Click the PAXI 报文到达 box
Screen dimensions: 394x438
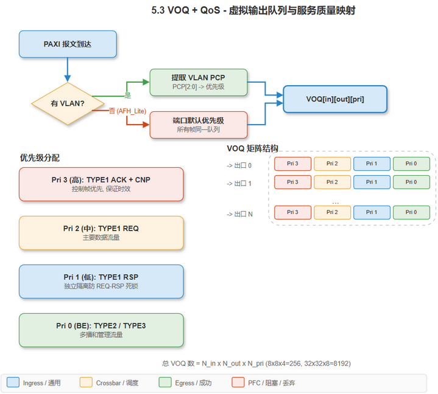pos(68,44)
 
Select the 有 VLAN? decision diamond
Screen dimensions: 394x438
pos(68,103)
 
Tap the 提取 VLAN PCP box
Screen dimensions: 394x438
pos(199,82)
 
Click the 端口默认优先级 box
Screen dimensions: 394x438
pos(199,125)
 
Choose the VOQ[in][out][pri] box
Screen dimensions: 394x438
pos(335,98)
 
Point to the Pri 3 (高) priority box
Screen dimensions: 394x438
pos(101,184)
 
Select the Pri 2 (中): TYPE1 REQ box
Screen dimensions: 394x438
pos(101,233)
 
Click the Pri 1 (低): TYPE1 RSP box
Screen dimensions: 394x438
pos(101,282)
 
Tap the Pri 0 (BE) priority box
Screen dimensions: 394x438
pos(101,330)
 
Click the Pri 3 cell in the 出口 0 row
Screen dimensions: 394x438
pos(292,164)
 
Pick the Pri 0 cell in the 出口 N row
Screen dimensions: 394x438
pos(411,212)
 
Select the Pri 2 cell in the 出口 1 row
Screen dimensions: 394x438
pos(332,182)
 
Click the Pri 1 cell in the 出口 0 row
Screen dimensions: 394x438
pos(372,164)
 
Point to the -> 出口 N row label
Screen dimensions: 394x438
pos(239,214)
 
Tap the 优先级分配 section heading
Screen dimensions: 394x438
pos(40,157)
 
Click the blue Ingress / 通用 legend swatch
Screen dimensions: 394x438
pos(13,382)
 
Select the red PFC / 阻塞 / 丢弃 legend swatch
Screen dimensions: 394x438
pos(238,382)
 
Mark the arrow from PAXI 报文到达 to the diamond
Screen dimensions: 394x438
pos(68,70)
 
